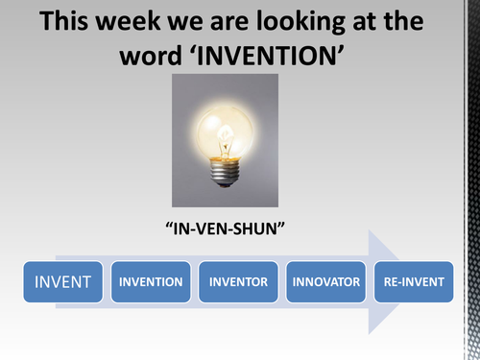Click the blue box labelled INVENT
(63, 282)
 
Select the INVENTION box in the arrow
(151, 282)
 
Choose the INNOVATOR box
(326, 282)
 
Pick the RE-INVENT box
(414, 282)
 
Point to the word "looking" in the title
(316, 21)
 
